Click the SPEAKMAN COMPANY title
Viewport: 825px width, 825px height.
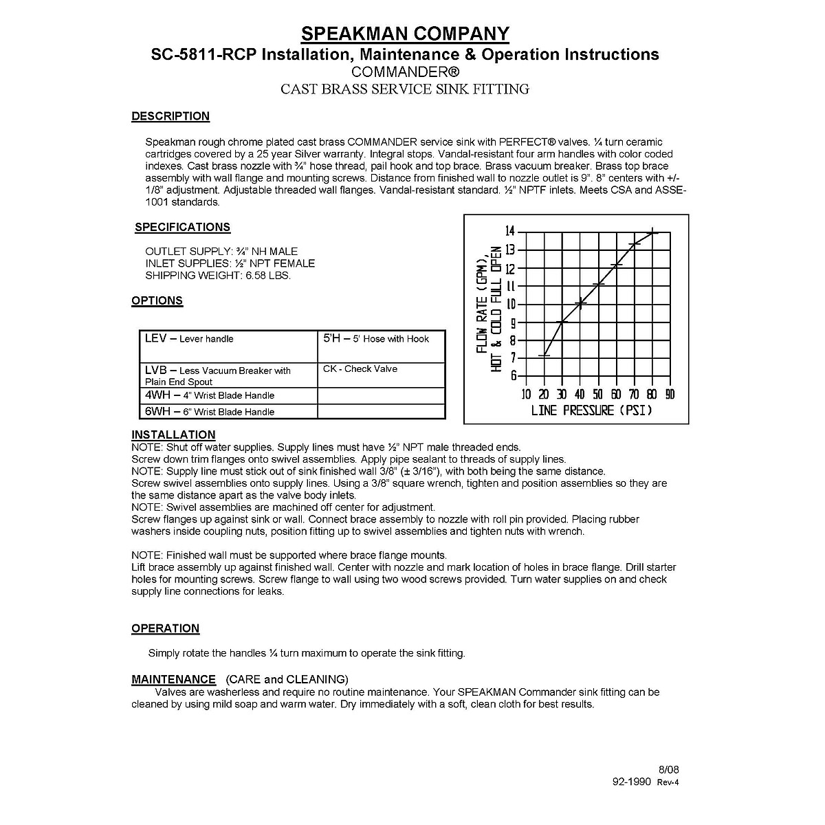(x=406, y=33)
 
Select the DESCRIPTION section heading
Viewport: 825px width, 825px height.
(x=170, y=116)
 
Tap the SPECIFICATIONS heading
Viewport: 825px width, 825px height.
(x=182, y=227)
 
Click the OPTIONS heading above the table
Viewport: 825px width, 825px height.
(x=157, y=300)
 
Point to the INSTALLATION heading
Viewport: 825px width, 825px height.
(x=173, y=434)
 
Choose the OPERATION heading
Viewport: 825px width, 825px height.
(x=165, y=628)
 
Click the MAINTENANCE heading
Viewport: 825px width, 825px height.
(x=173, y=679)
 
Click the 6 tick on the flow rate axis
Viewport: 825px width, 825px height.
(x=513, y=375)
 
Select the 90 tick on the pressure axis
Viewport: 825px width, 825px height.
(x=670, y=394)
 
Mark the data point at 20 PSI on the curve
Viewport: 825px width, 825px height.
(x=544, y=355)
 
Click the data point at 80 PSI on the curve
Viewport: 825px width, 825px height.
(x=652, y=232)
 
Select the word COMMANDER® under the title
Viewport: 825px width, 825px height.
(x=405, y=71)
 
